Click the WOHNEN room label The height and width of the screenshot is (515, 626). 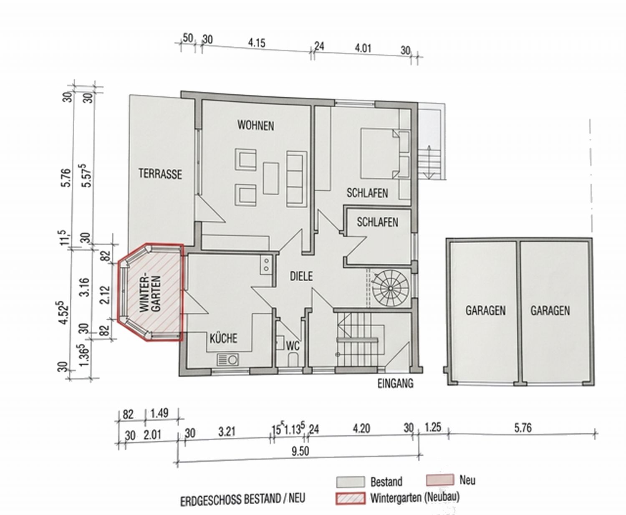pos(255,126)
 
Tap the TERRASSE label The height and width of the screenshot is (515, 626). pos(160,174)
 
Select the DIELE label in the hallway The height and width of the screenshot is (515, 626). pos(301,276)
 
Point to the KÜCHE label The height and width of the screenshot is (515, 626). pos(223,338)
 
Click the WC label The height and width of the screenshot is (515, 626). pos(293,346)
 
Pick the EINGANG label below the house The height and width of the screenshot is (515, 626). pos(395,384)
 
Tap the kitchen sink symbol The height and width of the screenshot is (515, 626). pos(228,360)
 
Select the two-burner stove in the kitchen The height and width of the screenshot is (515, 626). pos(266,265)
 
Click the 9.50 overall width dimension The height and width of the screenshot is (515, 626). pos(300,452)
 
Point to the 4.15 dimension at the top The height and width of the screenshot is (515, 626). pos(257,43)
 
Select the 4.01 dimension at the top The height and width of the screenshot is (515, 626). pos(363,48)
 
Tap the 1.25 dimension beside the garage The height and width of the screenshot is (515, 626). pos(433,428)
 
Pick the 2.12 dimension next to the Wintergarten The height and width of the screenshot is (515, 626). pos(105,295)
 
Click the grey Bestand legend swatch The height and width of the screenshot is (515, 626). pos(350,482)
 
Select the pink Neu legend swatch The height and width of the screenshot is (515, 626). pos(440,480)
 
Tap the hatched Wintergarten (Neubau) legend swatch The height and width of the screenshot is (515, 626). pos(350,498)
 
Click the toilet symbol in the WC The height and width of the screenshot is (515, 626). pos(293,359)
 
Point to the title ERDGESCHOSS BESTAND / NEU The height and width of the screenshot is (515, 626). pos(242,499)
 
